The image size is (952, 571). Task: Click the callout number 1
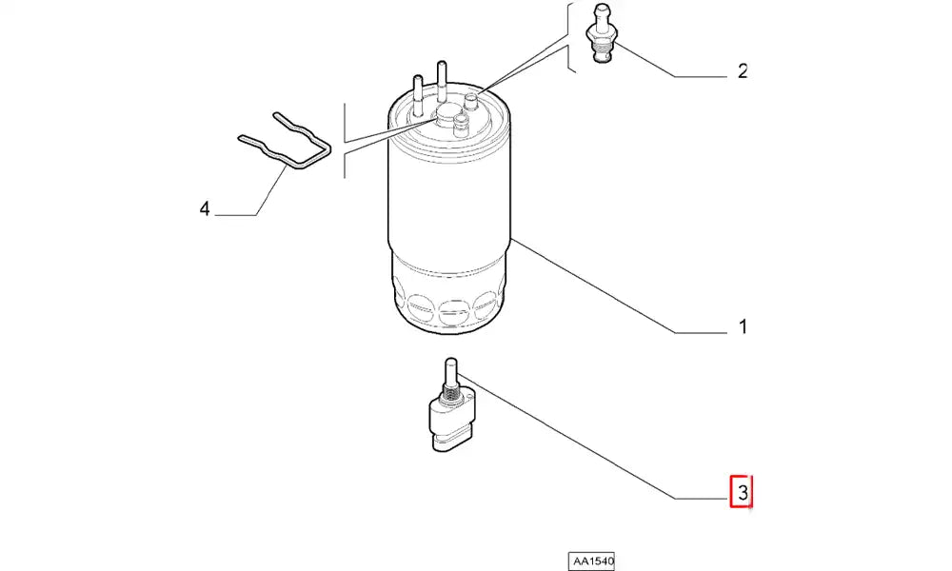pyautogui.click(x=743, y=327)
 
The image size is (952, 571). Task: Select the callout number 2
pyautogui.click(x=743, y=71)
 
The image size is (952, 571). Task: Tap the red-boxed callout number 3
pyautogui.click(x=742, y=492)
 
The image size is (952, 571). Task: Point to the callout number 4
pyautogui.click(x=205, y=209)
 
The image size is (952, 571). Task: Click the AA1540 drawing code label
pyautogui.click(x=591, y=561)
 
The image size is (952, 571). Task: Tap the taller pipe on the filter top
pyautogui.click(x=442, y=82)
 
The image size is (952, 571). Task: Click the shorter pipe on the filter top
pyautogui.click(x=418, y=95)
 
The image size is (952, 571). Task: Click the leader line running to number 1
pyautogui.click(x=619, y=285)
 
